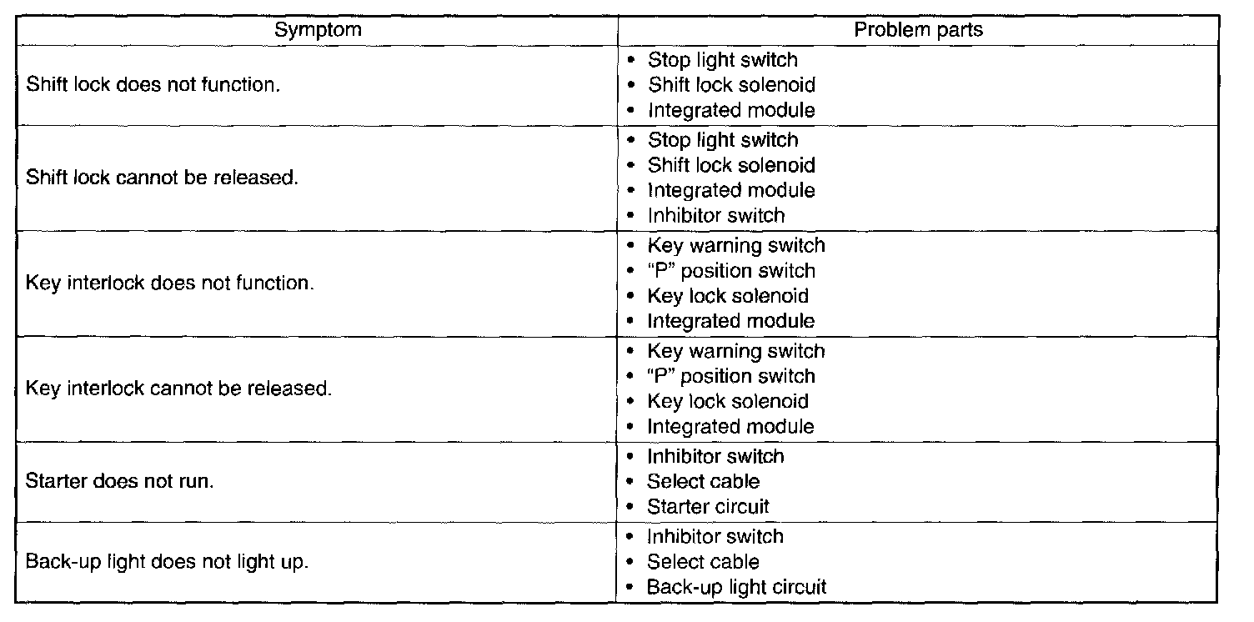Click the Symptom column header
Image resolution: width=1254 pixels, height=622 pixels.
coord(319,30)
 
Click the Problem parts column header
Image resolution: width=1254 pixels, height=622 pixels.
coord(918,30)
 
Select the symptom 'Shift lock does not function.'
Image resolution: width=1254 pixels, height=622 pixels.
coord(153,85)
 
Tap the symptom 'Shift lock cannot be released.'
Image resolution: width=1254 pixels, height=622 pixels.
coord(163,178)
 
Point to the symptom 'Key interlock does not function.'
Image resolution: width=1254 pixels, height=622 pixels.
coord(170,283)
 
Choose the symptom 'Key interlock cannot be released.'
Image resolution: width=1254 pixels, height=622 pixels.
coord(179,389)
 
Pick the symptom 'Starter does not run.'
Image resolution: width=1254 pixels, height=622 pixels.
coord(120,482)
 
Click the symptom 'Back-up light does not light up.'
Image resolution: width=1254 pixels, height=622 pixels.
coord(168,562)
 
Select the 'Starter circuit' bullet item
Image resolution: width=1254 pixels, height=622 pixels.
coord(708,507)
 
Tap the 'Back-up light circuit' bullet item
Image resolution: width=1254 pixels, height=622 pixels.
coord(736,587)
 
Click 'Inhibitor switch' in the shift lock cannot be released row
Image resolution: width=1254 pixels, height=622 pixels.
coord(716,216)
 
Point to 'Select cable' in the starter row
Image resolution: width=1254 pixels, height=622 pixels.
coord(703,482)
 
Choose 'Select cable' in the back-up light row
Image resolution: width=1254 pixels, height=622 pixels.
coord(703,562)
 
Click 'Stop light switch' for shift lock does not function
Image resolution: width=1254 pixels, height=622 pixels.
coord(723,60)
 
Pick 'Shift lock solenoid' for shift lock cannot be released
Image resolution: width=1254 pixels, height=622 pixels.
coord(731,165)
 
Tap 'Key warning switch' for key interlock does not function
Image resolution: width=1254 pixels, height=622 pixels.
coord(736,246)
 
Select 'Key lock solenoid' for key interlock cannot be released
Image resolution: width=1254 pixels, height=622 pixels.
coord(728,401)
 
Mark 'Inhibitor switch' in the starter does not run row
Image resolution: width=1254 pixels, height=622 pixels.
coord(715,457)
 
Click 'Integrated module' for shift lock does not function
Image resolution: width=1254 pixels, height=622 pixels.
coord(731,110)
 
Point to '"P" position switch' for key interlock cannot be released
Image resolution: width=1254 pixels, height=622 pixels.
coord(731,376)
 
